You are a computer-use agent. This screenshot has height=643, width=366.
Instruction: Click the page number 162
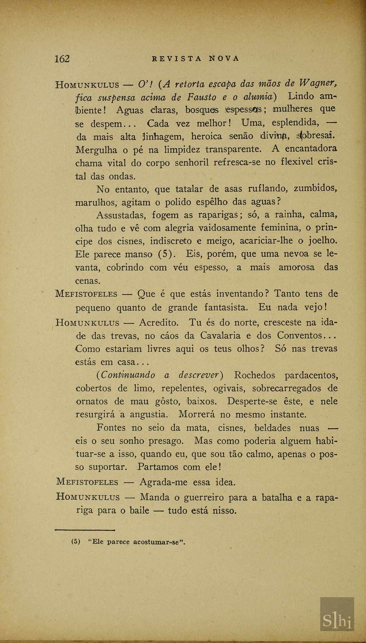62,59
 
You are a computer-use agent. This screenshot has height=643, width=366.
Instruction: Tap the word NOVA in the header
224,58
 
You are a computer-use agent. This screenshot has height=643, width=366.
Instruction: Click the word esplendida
295,122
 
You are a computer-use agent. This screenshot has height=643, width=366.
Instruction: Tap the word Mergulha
96,150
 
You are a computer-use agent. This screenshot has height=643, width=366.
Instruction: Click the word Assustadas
121,215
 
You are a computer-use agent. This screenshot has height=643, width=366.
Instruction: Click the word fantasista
226,307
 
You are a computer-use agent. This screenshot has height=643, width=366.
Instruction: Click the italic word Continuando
126,375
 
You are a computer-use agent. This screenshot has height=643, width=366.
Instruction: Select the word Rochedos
255,375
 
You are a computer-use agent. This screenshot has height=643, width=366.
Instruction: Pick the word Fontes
111,428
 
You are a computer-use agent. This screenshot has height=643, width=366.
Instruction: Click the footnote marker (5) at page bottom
76,542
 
